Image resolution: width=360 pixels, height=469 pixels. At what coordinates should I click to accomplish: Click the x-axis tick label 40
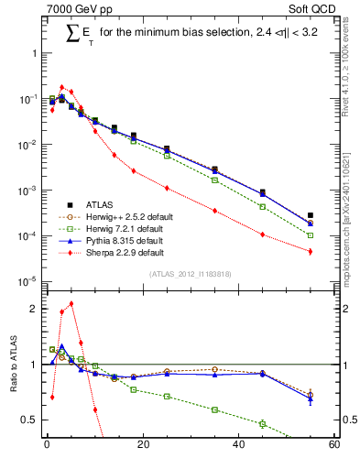238,446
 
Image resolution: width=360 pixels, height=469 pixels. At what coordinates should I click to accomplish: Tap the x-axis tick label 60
333,446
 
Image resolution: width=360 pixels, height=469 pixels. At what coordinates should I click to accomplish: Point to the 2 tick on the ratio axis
33,309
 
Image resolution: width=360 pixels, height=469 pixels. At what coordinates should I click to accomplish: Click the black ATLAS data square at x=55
311,215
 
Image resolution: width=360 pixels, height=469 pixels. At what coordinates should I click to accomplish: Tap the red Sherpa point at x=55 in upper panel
311,251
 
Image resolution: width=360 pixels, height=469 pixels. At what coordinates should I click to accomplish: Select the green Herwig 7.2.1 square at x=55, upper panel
311,235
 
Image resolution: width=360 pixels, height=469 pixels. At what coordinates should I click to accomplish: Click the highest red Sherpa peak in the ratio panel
71,303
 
